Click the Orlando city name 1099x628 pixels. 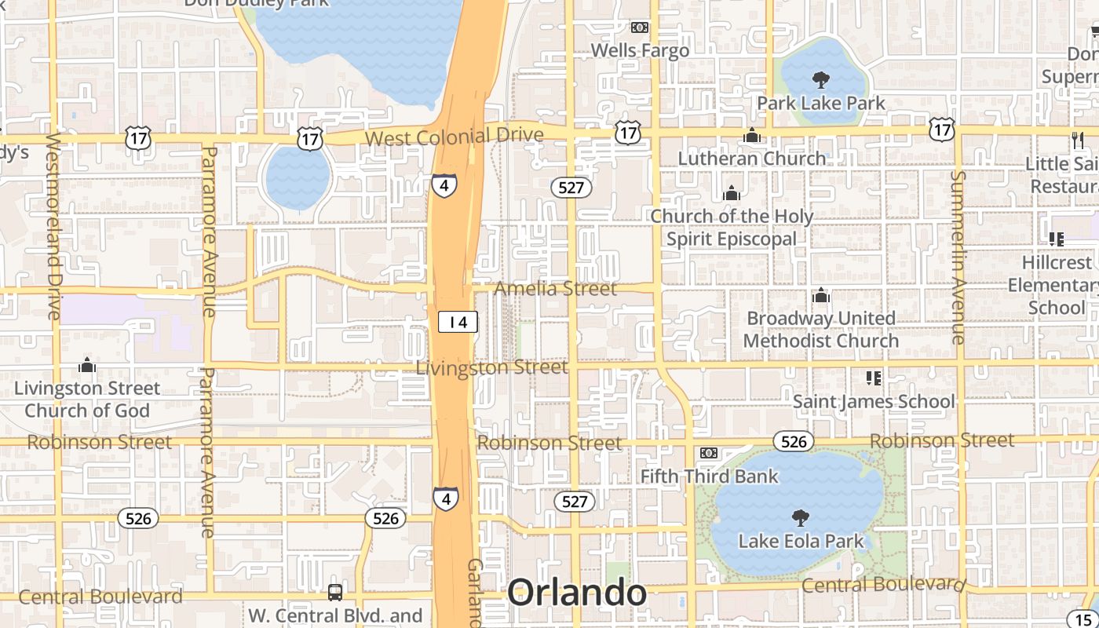point(577,593)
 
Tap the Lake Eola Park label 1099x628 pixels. point(801,541)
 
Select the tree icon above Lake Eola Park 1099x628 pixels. point(800,518)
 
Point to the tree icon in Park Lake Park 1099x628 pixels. point(821,79)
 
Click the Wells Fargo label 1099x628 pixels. point(640,50)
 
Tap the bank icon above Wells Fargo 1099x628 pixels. point(640,27)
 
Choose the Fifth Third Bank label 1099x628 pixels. point(709,476)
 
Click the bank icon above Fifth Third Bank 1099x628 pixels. point(708,453)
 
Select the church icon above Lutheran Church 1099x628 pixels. point(751,136)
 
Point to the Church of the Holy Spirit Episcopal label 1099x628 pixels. point(732,227)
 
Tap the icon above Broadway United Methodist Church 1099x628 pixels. point(821,296)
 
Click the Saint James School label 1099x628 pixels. point(874,401)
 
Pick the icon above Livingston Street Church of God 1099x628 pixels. point(87,365)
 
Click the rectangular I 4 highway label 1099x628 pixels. point(458,322)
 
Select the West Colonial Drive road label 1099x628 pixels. point(455,137)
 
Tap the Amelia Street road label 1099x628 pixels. point(555,289)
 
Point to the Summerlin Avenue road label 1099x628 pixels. point(958,257)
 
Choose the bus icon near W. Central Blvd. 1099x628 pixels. point(335,593)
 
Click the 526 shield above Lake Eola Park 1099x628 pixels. point(794,441)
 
